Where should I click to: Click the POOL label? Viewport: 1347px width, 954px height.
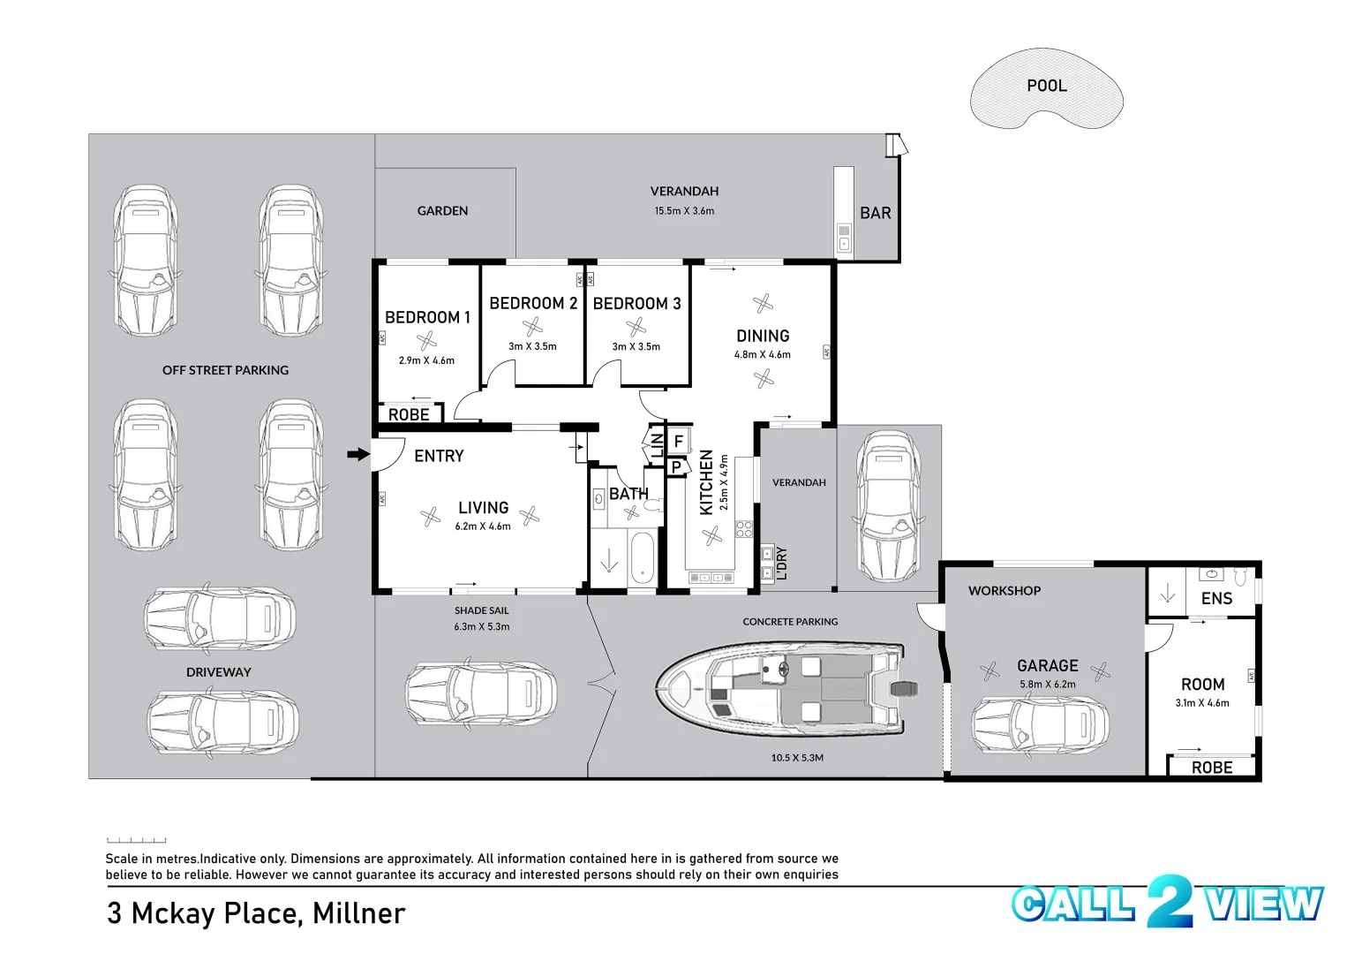(1046, 86)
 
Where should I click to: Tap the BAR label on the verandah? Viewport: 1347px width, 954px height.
(875, 213)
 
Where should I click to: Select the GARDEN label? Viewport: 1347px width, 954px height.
(442, 211)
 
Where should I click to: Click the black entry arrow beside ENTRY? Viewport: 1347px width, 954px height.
(357, 455)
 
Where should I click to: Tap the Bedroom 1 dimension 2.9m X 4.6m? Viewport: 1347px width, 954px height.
(426, 360)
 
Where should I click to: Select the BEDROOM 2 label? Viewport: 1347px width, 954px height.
(533, 303)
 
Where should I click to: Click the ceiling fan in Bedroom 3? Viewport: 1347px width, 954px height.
(636, 328)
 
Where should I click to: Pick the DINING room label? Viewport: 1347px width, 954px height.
(763, 336)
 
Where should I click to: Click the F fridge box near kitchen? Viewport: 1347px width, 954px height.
(679, 441)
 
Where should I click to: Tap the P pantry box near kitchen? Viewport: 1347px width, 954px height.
(676, 467)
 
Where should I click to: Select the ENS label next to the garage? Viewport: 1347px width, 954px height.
(1216, 599)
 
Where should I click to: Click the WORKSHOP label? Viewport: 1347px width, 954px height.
(1004, 591)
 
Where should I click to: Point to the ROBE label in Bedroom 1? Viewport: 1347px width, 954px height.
(409, 414)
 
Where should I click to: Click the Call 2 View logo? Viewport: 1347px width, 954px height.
(1167, 903)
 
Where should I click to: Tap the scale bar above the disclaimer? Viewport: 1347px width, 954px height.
(136, 840)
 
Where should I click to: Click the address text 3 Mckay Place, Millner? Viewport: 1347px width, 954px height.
(256, 913)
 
